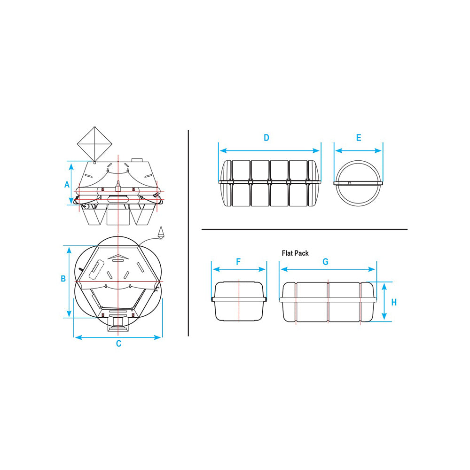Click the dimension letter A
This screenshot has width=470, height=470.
[67, 184]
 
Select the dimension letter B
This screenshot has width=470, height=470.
[63, 278]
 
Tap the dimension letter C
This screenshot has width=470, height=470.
[119, 344]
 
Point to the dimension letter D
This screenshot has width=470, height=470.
[266, 138]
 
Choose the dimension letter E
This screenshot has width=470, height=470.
[359, 138]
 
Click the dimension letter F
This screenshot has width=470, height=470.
[239, 262]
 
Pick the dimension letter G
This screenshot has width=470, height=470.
[326, 262]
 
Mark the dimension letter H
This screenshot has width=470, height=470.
[394, 302]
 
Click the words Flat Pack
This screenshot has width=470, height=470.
[295, 253]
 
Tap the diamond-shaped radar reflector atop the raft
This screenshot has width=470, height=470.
[95, 144]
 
